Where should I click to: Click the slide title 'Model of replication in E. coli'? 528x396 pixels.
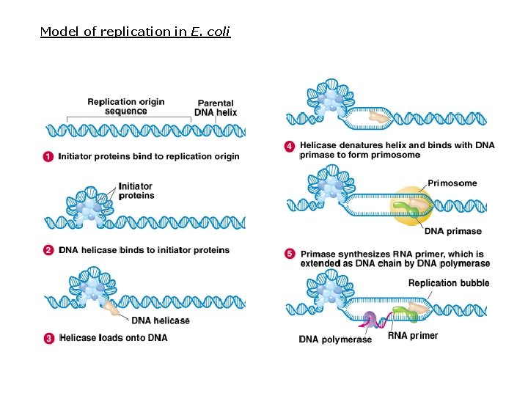[135, 32]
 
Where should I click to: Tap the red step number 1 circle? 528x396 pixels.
[48, 156]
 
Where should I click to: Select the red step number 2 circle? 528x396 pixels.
[48, 250]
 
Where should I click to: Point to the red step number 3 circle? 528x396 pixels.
[48, 338]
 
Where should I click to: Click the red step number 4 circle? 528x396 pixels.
[290, 146]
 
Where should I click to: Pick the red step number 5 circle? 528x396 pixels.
[290, 254]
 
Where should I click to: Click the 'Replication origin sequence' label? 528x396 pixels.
[125, 106]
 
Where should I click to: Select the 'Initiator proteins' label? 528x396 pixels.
[136, 191]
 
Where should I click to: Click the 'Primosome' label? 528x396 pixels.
[452, 183]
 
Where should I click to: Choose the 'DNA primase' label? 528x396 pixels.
[453, 231]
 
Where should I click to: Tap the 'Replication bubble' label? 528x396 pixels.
[448, 283]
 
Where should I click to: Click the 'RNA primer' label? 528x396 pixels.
[412, 336]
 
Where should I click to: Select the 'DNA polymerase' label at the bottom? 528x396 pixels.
[335, 339]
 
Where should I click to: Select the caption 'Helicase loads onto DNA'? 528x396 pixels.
[113, 338]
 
